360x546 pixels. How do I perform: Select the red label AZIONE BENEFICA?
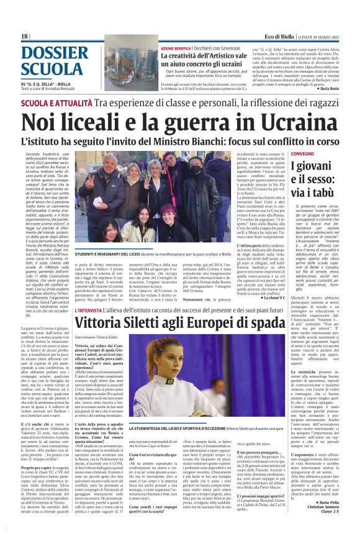click(x=156, y=47)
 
